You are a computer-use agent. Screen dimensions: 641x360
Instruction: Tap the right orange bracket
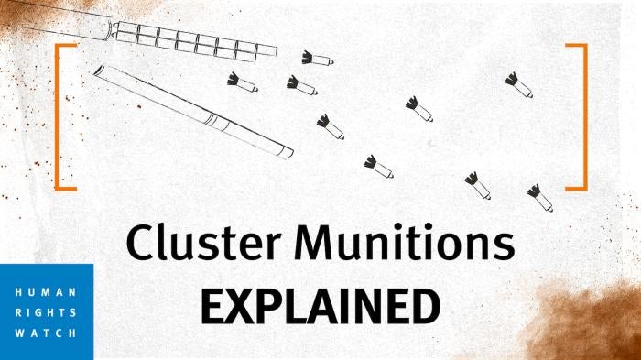578,115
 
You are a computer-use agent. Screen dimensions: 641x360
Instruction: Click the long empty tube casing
192,110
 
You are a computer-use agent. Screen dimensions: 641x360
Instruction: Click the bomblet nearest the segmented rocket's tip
317,59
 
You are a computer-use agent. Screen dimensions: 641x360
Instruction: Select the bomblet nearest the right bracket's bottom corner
539,196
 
